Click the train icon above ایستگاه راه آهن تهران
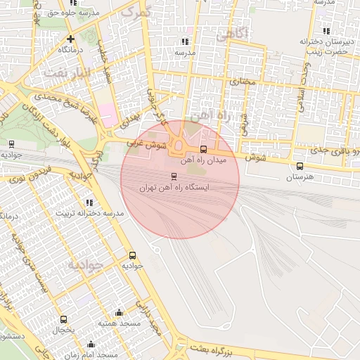pyautogui.click(x=174, y=176)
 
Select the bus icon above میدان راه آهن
pyautogui.click(x=203, y=149)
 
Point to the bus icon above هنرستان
pyautogui.click(x=300, y=167)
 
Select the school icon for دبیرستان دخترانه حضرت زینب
pyautogui.click(x=326, y=31)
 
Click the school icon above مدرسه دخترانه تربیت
pyautogui.click(x=89, y=202)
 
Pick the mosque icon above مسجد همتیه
pyautogui.click(x=119, y=312)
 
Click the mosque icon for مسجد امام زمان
pyautogui.click(x=91, y=345)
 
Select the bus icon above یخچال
pyautogui.click(x=64, y=319)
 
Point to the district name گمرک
pyautogui.click(x=136, y=12)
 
